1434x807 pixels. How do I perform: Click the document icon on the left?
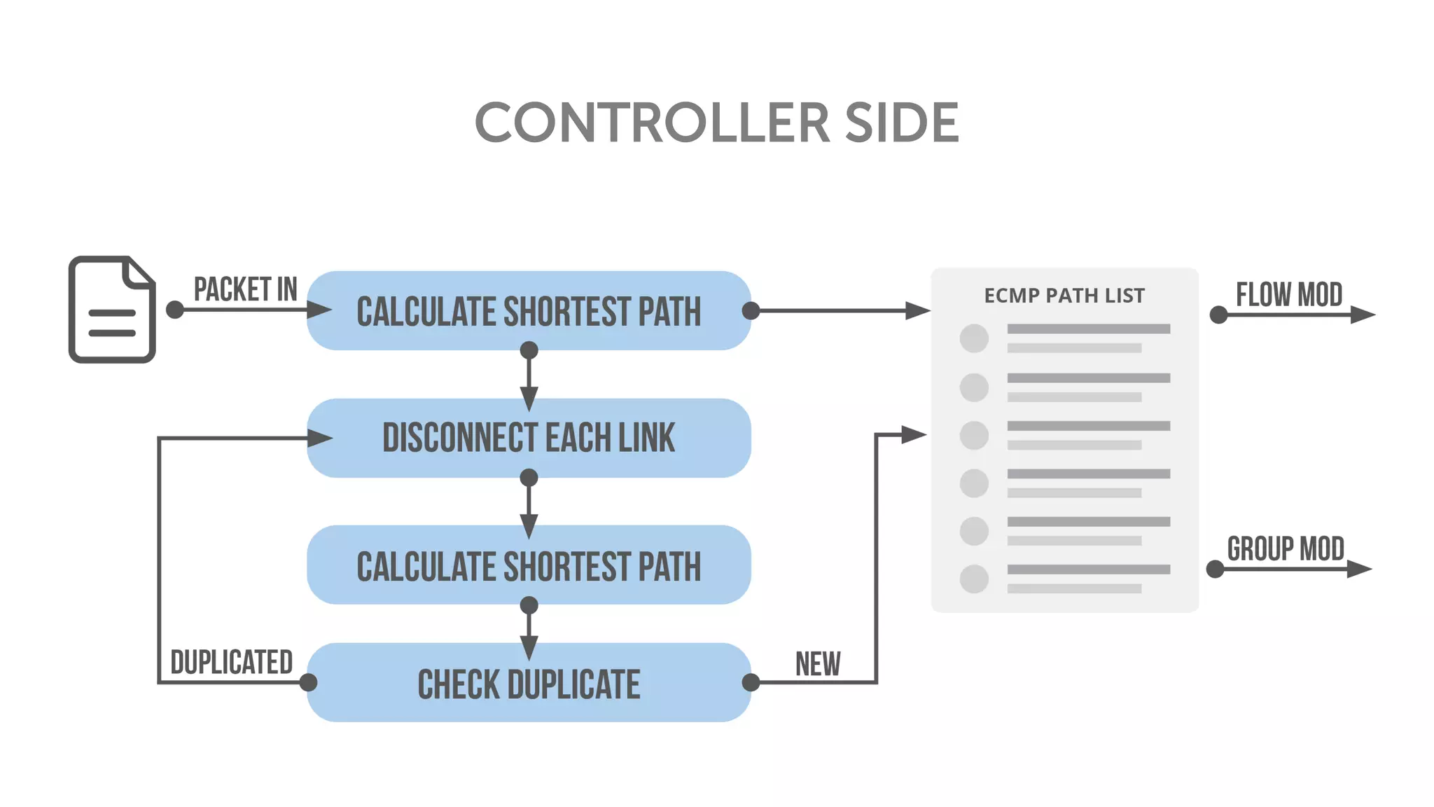click(x=112, y=310)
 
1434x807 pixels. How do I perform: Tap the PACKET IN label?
click(x=245, y=289)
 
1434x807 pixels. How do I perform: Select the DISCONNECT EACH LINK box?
click(x=529, y=438)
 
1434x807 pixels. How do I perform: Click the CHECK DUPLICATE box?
click(x=529, y=683)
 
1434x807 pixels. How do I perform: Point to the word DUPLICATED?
click(x=232, y=662)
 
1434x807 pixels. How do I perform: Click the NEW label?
click(x=818, y=664)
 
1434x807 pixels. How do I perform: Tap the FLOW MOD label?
click(x=1289, y=295)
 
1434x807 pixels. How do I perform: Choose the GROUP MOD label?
click(x=1286, y=549)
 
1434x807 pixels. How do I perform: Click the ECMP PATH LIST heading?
click(x=1064, y=296)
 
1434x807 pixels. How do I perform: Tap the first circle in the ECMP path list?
click(x=974, y=338)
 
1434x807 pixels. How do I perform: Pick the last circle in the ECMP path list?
click(x=974, y=579)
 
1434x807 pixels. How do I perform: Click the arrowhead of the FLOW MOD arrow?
click(x=1363, y=315)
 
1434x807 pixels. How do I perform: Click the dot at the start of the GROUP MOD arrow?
click(x=1216, y=569)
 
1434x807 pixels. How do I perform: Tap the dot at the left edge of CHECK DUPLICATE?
click(x=308, y=682)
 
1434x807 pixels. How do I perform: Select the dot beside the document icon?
click(x=175, y=310)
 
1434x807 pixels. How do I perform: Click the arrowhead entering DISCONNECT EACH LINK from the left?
click(x=320, y=439)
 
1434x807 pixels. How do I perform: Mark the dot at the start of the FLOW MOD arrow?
click(x=1219, y=315)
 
